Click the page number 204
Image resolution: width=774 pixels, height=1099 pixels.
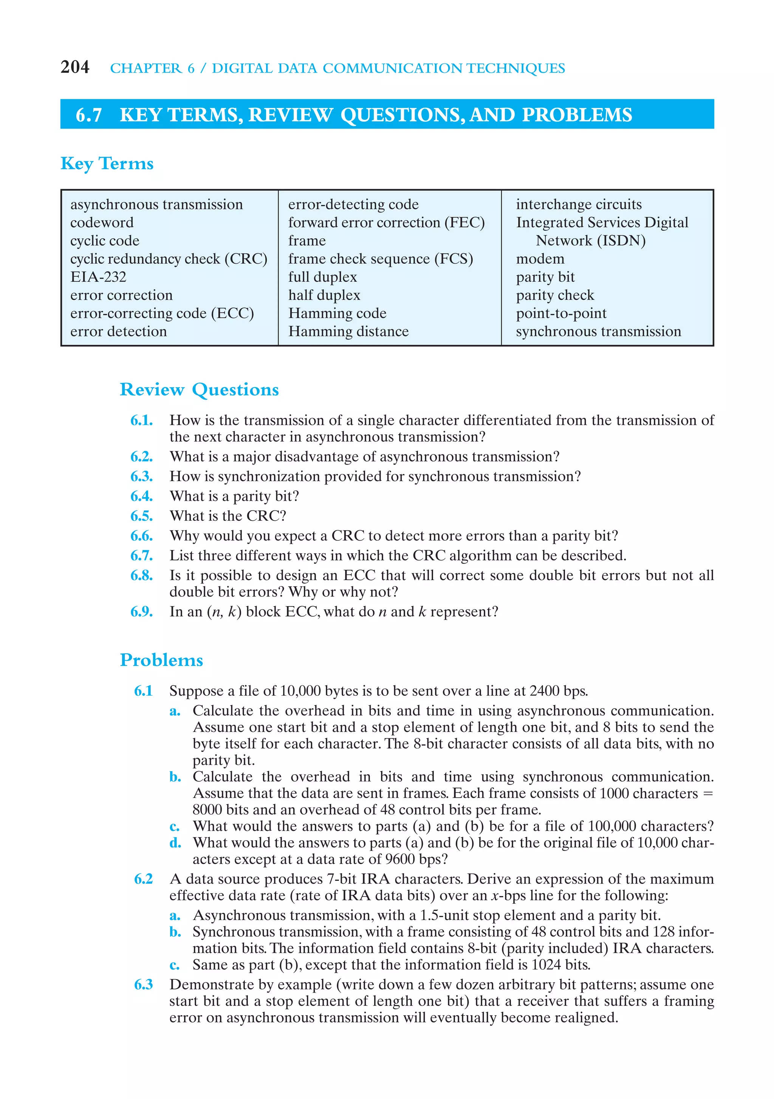point(75,67)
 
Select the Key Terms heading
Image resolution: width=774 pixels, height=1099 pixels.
point(107,163)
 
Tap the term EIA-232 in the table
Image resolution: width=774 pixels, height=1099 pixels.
point(98,277)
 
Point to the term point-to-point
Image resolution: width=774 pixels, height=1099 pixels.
point(561,313)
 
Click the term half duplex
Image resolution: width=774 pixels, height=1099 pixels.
point(324,295)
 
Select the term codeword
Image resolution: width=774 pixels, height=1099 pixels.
point(102,222)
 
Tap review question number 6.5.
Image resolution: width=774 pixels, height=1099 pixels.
point(142,516)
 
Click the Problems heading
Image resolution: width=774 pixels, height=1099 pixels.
point(161,660)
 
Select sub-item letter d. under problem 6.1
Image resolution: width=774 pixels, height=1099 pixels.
point(175,843)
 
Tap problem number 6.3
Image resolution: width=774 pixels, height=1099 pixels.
point(143,985)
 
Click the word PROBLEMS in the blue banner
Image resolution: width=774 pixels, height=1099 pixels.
point(577,115)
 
